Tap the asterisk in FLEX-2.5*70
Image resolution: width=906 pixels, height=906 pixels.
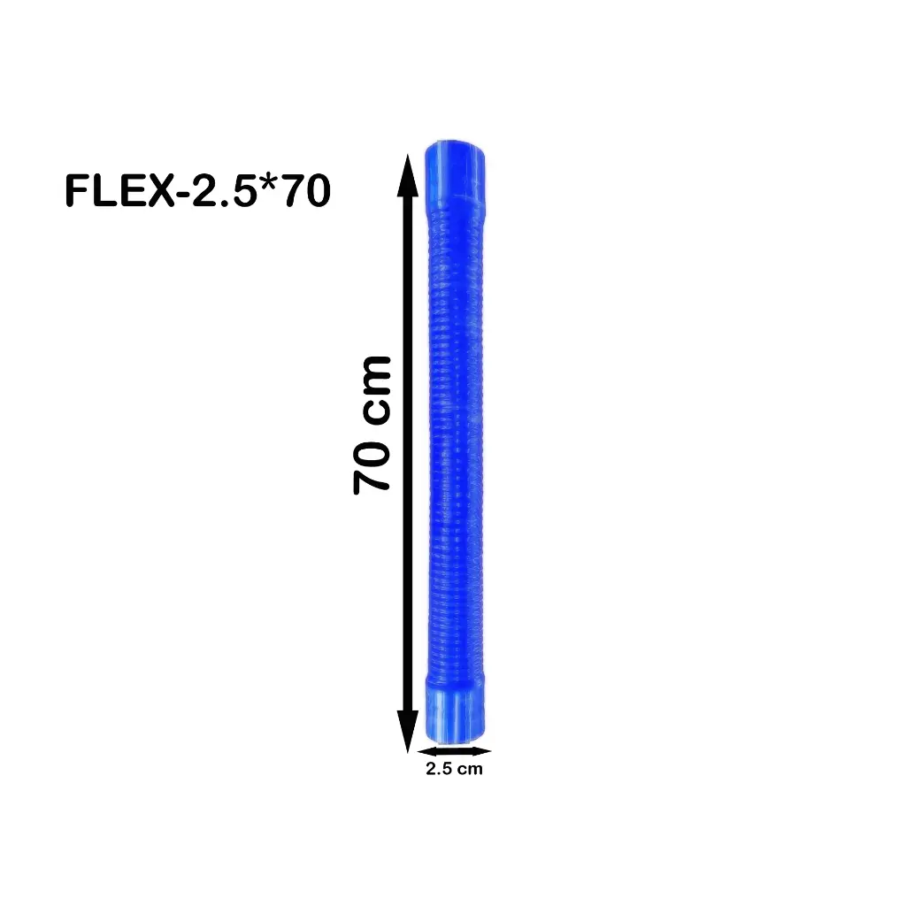[x=268, y=185]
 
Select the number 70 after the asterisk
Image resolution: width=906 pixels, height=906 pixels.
[x=303, y=191]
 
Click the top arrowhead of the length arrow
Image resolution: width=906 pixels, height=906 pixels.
[x=407, y=173]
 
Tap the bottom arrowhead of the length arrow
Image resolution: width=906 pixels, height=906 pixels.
[x=407, y=731]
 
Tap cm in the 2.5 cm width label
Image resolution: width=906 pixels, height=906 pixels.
[x=472, y=769]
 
